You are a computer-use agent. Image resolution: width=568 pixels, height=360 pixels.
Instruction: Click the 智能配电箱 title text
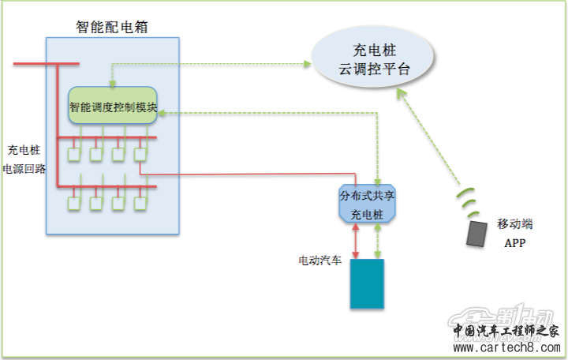click(x=113, y=27)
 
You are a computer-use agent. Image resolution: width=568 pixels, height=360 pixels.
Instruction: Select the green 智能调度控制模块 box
click(x=113, y=106)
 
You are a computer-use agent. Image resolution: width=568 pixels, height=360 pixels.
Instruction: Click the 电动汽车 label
click(x=319, y=260)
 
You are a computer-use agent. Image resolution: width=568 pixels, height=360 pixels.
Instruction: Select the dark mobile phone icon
click(x=476, y=234)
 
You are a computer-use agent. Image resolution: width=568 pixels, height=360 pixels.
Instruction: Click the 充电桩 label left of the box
click(x=24, y=149)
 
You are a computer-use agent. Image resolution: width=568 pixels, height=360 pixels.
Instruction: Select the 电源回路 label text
click(x=24, y=168)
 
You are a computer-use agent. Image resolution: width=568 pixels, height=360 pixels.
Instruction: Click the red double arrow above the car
click(x=357, y=242)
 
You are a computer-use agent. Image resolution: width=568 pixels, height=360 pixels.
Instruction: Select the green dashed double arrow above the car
click(x=378, y=242)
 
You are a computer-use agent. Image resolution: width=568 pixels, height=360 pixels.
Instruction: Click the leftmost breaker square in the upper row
click(x=74, y=156)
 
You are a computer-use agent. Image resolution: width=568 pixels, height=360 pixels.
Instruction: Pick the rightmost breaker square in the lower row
click(x=140, y=204)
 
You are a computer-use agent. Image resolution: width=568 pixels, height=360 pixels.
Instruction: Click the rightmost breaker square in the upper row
click(x=140, y=156)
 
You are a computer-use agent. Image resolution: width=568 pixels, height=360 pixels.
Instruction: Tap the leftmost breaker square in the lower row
click(x=74, y=204)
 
